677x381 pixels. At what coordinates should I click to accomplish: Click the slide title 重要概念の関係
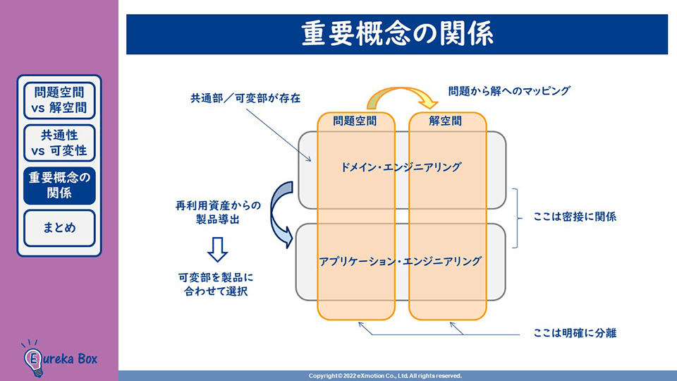point(397,35)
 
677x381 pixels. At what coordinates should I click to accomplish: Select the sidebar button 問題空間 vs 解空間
point(59,100)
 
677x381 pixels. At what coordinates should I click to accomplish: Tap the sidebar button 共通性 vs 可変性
point(59,142)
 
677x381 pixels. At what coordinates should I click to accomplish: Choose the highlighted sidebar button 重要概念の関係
point(59,185)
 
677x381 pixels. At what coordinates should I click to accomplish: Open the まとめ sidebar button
point(59,228)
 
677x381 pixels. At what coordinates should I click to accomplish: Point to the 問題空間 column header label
point(354,121)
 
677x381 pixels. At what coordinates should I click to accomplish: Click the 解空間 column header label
point(446,121)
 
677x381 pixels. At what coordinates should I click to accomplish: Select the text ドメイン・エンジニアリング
point(401,167)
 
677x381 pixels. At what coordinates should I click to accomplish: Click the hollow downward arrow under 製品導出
point(218,248)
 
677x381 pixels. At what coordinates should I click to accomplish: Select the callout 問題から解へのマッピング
point(508,91)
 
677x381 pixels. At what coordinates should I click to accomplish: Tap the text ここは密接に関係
point(575,217)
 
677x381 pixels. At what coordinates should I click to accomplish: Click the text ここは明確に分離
point(575,332)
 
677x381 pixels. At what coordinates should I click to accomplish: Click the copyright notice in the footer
point(385,376)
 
